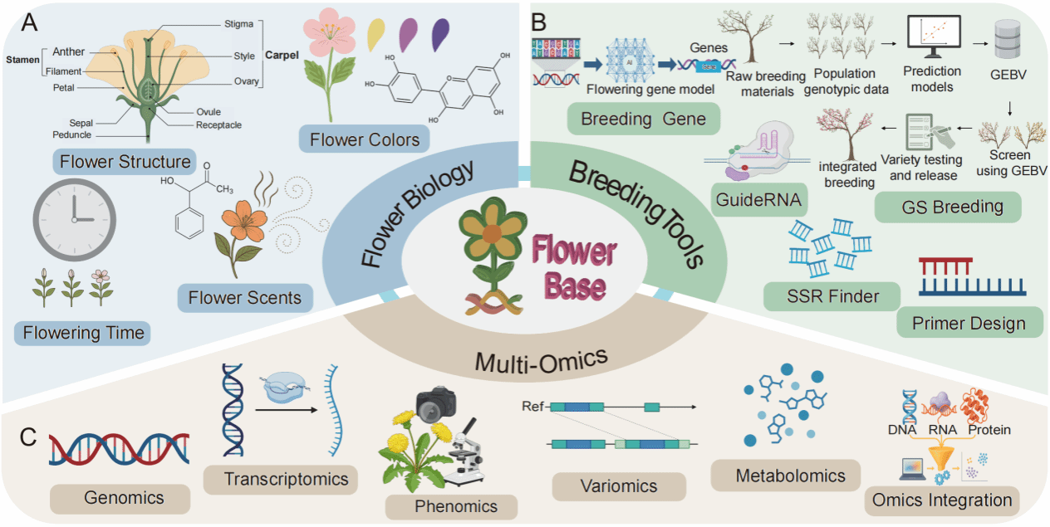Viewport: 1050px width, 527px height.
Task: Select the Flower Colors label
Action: tap(365, 139)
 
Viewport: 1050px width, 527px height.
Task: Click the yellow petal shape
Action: tap(376, 32)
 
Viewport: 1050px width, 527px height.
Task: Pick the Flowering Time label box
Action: tap(84, 334)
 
